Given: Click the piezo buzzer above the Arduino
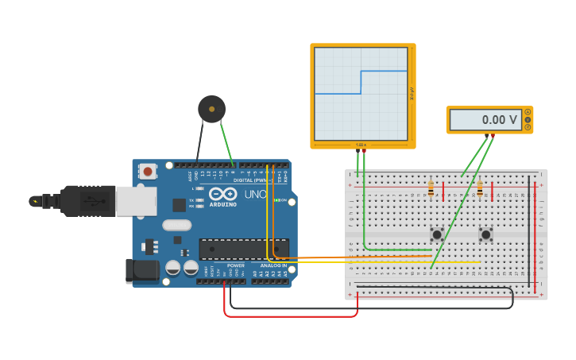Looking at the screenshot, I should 211,109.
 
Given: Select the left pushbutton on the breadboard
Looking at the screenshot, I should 437,234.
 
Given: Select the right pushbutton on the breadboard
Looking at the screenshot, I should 485,234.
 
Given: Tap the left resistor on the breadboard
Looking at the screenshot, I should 431,189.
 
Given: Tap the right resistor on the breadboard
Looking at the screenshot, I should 479,189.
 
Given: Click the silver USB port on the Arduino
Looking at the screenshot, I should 136,202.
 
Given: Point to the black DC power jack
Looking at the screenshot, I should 141,270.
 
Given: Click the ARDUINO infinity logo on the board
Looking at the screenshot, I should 222,194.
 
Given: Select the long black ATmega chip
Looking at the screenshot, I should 242,249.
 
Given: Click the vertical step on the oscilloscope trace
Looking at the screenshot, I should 361,82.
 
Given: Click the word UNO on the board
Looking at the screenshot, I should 255,194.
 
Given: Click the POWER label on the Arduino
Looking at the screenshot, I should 236,265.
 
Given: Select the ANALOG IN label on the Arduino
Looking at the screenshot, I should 273,265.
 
